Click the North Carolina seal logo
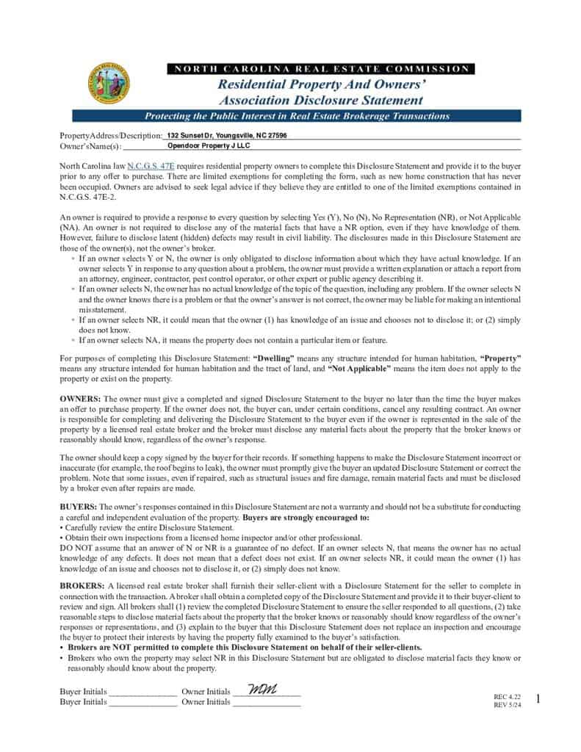point(107,83)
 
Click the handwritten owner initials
point(262,690)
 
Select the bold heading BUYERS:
point(78,507)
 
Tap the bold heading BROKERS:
point(82,585)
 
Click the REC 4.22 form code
point(508,695)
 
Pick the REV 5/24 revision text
point(508,705)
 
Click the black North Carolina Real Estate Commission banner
point(320,69)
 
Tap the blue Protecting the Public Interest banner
point(297,116)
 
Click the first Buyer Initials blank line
point(142,692)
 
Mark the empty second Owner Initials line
point(267,702)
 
